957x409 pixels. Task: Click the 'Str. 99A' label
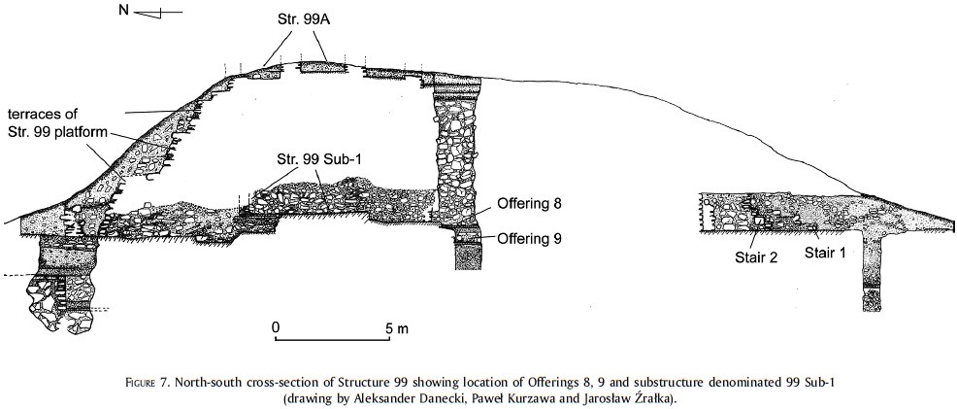click(x=303, y=19)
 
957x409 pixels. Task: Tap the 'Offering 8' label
click(x=529, y=205)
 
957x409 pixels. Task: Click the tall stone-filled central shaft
click(x=457, y=155)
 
